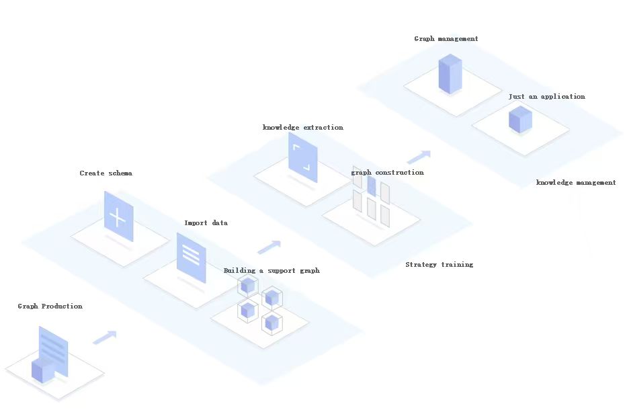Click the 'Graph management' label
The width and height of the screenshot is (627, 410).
click(446, 39)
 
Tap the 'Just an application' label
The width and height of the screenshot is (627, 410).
click(546, 97)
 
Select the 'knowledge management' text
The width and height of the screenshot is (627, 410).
click(575, 183)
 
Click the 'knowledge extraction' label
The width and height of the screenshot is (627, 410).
click(302, 128)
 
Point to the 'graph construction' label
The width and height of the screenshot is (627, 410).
click(388, 173)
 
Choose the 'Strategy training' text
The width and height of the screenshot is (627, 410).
click(439, 265)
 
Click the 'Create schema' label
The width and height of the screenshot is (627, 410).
click(106, 173)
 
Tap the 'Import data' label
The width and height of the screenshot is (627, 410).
click(206, 223)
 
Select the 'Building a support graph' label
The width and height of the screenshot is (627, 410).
click(271, 271)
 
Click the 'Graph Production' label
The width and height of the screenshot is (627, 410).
click(50, 306)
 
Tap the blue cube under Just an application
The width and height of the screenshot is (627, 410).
click(520, 120)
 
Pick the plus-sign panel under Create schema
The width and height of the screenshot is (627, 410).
click(118, 216)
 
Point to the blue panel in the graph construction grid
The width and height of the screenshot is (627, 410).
click(372, 186)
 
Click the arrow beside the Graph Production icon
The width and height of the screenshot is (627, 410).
click(104, 337)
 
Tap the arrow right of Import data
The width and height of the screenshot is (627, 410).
click(269, 247)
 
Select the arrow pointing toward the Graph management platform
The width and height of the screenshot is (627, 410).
click(418, 157)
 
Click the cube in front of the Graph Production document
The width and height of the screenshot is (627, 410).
click(43, 370)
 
